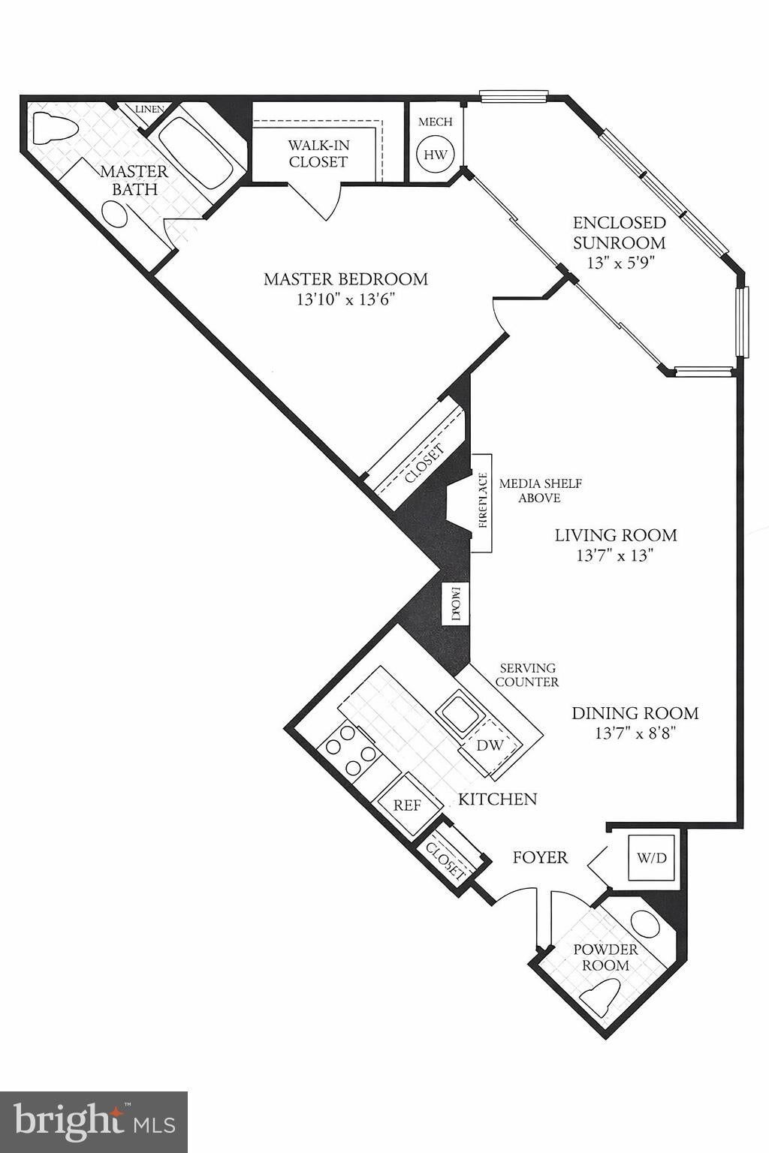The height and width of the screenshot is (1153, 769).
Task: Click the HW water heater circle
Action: coord(436,155)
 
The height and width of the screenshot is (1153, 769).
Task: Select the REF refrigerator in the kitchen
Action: coord(409,805)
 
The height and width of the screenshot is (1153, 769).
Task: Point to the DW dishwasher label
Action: coord(489,745)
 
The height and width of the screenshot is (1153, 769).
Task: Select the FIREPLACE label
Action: coord(483,503)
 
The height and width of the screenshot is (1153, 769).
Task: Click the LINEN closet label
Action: coord(149,109)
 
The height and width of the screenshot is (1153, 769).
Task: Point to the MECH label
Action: coord(436,122)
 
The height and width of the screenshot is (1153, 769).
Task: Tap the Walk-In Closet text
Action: coord(318,153)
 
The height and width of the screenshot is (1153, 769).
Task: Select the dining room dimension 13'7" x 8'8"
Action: coord(635,733)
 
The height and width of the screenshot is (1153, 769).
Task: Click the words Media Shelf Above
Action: coord(540,490)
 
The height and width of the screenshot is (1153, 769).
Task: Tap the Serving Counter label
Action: coord(529,675)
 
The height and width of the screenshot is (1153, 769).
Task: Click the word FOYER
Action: coord(540,857)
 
